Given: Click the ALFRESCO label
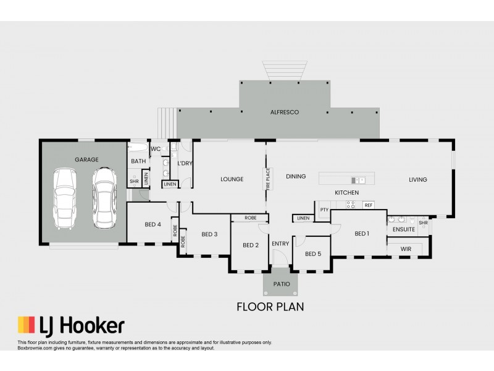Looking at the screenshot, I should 285,112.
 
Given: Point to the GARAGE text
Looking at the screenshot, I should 86,159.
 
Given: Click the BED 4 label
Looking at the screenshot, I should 153,224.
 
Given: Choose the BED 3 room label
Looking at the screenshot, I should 209,234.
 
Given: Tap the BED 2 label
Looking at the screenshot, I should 251,245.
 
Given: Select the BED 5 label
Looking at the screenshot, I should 313,254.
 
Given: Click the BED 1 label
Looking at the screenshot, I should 362,233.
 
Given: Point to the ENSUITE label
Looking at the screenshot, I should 404,229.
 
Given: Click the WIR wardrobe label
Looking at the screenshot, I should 406,249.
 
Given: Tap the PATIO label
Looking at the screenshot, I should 281,284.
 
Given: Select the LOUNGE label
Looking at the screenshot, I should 232,179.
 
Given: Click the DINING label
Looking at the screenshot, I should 296,176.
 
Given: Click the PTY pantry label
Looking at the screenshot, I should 324,210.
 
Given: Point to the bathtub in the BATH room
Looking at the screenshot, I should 138,148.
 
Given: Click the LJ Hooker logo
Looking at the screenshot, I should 71,326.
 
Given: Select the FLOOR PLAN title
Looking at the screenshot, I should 270,306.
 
